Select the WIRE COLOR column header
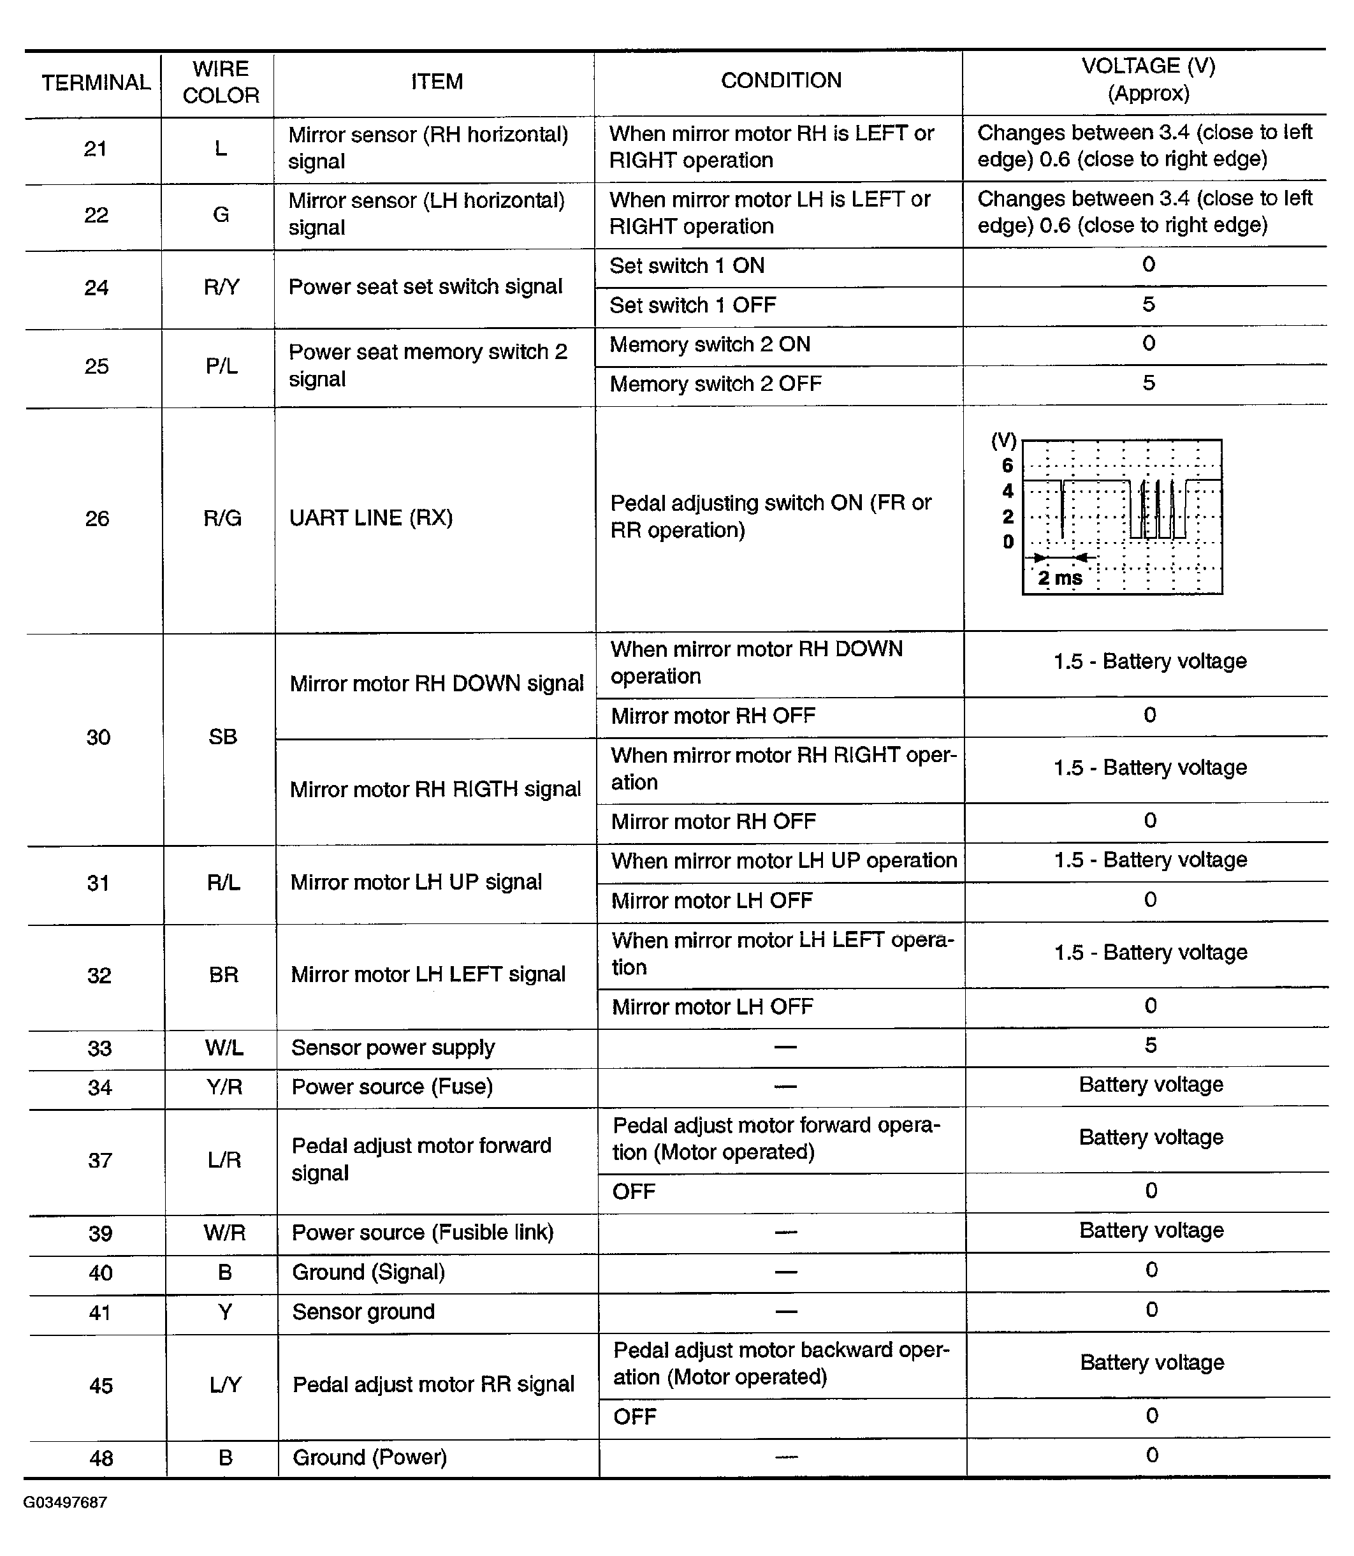[x=221, y=82]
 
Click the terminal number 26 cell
[x=97, y=518]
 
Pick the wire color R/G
[x=222, y=518]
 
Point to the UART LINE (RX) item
[x=371, y=518]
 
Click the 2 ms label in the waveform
[x=1059, y=578]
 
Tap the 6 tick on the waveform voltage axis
[x=1007, y=466]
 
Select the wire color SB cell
[x=223, y=737]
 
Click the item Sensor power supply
[x=393, y=1047]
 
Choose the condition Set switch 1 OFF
[x=692, y=305]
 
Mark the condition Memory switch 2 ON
[x=710, y=344]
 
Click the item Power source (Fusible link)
[x=423, y=1233]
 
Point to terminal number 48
[x=101, y=1458]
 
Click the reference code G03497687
[x=65, y=1502]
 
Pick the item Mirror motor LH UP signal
[x=416, y=882]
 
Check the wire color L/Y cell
[x=225, y=1384]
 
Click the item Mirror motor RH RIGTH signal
[x=435, y=789]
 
